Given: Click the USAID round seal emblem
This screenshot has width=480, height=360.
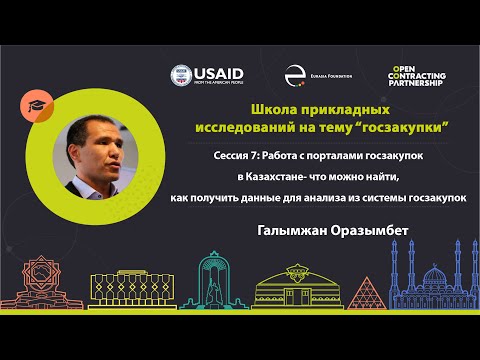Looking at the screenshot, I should click(181, 75).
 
